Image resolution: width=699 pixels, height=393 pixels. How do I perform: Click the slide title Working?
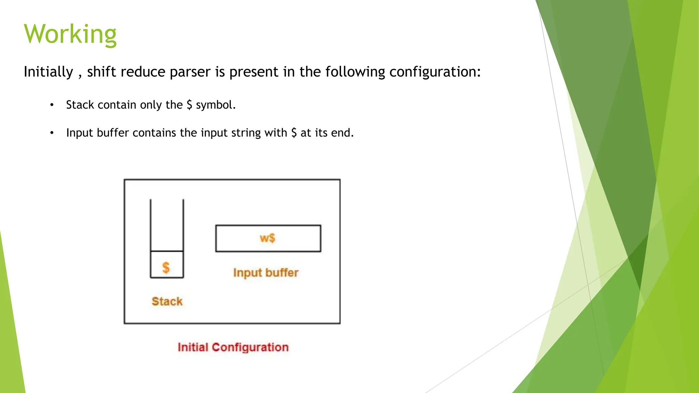point(70,34)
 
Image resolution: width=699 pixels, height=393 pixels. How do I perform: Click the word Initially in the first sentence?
point(48,72)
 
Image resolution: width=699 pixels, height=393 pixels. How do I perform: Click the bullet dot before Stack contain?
point(52,105)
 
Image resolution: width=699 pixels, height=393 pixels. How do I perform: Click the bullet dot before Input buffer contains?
point(52,133)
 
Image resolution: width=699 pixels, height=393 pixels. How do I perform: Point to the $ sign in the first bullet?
point(189,105)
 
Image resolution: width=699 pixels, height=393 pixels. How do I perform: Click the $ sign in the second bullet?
point(294,133)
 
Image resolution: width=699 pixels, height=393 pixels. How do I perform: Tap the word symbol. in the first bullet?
point(216,105)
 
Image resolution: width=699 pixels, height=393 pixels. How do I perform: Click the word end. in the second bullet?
point(342,133)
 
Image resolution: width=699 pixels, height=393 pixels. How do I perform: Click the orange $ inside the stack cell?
point(166,267)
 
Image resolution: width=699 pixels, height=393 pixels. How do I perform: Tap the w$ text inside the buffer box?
point(267,238)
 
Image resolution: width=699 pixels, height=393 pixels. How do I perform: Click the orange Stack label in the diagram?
point(167,301)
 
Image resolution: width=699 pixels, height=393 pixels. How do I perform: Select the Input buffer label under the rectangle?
point(266,273)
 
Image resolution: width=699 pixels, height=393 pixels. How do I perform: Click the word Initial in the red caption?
point(193,347)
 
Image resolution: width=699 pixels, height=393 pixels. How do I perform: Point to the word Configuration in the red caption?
point(250,347)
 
